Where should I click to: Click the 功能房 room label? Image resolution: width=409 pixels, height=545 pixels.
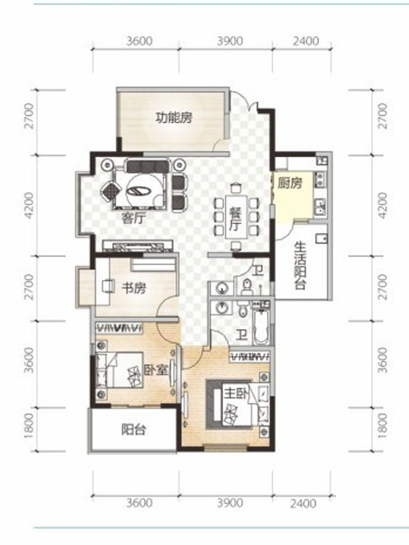click(x=174, y=117)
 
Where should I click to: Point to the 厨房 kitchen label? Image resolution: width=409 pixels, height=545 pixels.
click(x=290, y=183)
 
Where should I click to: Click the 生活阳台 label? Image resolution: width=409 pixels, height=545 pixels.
click(x=300, y=266)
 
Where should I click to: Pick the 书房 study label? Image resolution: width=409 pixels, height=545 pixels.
click(x=134, y=287)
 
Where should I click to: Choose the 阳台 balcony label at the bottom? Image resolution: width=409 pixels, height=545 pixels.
click(x=134, y=430)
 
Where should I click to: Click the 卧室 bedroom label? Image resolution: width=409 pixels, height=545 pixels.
click(x=156, y=370)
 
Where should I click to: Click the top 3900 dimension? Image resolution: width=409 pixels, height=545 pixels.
click(x=230, y=41)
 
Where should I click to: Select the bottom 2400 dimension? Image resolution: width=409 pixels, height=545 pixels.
click(x=303, y=503)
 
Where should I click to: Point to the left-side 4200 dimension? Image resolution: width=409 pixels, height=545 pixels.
click(x=30, y=206)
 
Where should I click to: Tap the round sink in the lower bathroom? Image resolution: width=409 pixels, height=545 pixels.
click(x=222, y=307)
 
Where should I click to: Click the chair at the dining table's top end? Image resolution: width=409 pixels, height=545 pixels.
click(x=237, y=188)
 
